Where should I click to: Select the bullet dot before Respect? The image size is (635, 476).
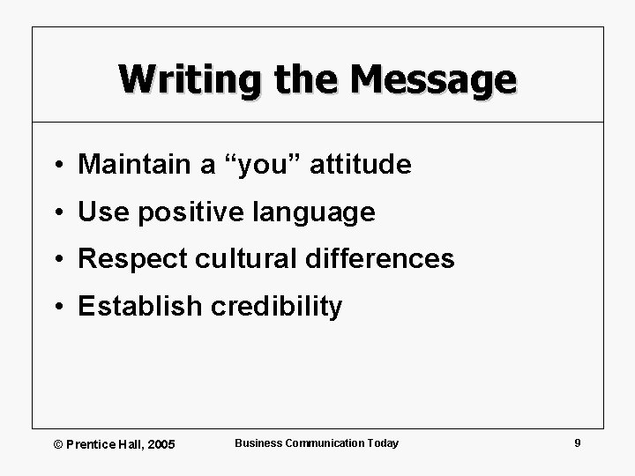(x=56, y=260)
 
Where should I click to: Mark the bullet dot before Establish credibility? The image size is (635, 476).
(x=56, y=308)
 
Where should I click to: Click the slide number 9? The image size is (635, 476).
(x=577, y=443)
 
